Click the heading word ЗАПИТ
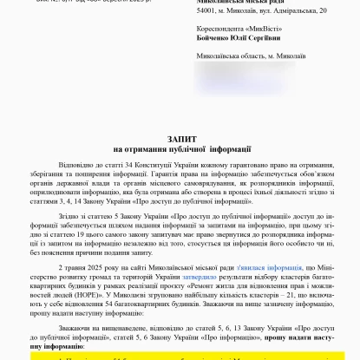coord(179,138)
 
